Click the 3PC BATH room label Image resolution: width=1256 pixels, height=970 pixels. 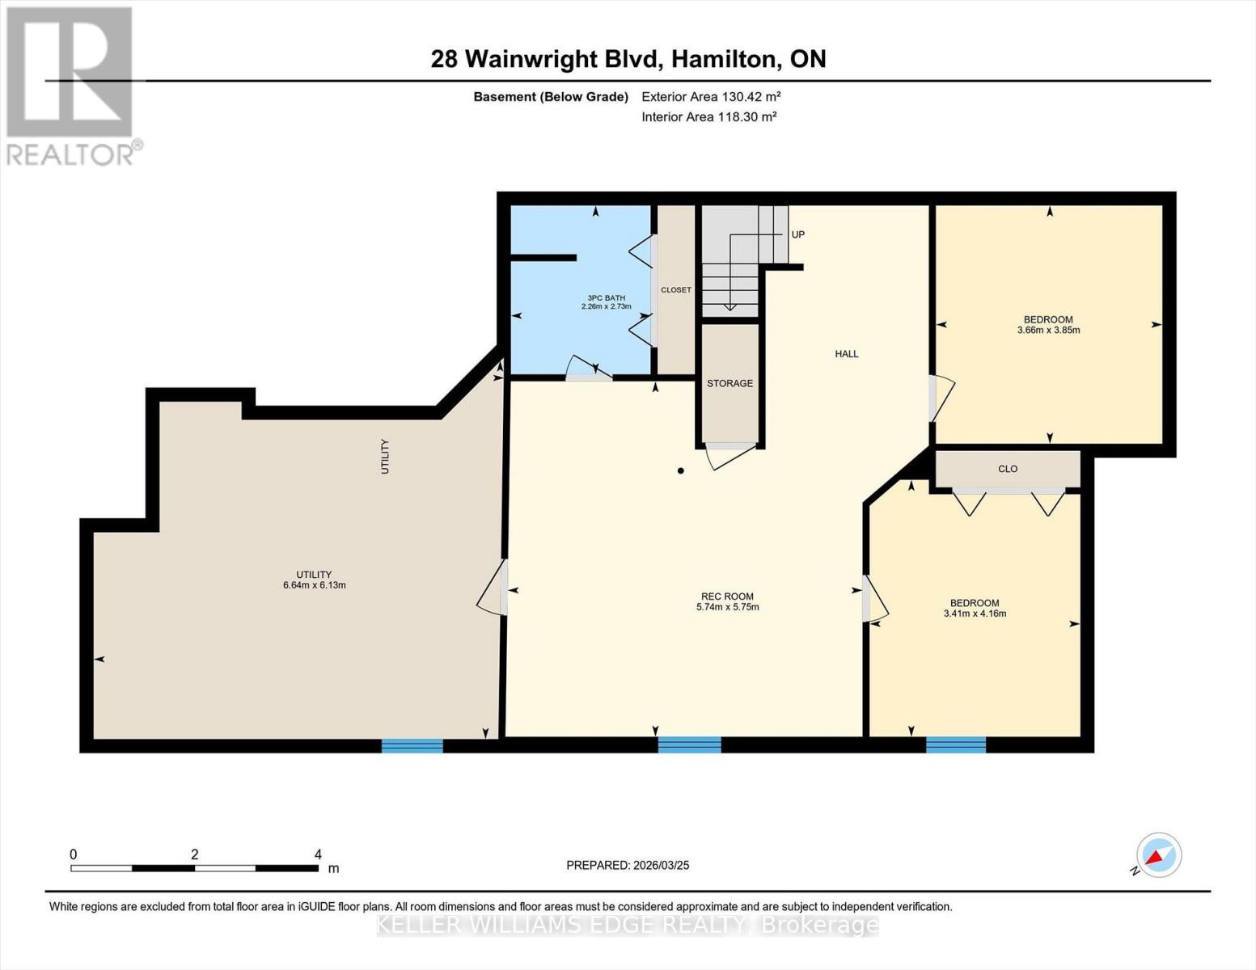pyautogui.click(x=607, y=298)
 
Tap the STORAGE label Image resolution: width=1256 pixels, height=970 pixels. pyautogui.click(x=730, y=383)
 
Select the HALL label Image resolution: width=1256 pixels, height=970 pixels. pyautogui.click(x=847, y=353)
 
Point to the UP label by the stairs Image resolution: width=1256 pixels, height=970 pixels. pyautogui.click(x=797, y=234)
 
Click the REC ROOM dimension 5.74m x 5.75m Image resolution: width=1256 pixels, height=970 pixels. pyautogui.click(x=728, y=607)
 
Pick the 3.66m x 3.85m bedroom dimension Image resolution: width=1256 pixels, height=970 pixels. pyautogui.click(x=1048, y=331)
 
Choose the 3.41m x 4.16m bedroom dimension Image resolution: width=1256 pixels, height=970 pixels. pyautogui.click(x=975, y=614)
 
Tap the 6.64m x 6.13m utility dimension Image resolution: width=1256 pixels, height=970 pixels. pyautogui.click(x=315, y=585)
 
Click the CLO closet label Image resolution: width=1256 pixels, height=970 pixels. pyautogui.click(x=1008, y=469)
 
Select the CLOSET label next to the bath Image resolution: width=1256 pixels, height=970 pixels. pyautogui.click(x=676, y=290)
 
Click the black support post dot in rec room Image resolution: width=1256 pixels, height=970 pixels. pyautogui.click(x=681, y=470)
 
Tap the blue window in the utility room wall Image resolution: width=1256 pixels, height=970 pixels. pyautogui.click(x=412, y=745)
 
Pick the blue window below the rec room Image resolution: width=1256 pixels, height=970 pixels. pyautogui.click(x=690, y=745)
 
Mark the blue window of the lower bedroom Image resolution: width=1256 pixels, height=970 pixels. pyautogui.click(x=956, y=745)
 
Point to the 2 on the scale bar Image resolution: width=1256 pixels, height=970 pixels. pyautogui.click(x=195, y=854)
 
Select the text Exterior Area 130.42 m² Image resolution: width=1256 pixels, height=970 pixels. pyautogui.click(x=712, y=96)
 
